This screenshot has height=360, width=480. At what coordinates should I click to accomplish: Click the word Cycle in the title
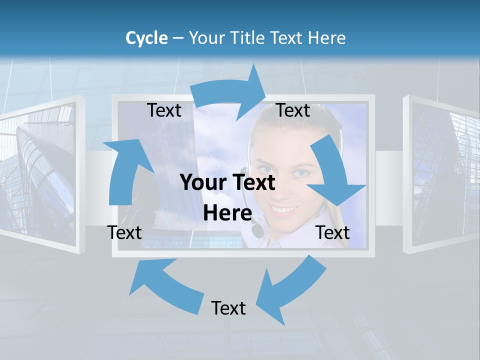pos(146,38)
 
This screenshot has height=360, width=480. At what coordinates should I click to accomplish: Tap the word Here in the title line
pos(327,38)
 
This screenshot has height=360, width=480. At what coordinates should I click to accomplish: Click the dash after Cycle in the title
pos(178,38)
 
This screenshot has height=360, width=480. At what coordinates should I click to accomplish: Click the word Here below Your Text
pos(227,213)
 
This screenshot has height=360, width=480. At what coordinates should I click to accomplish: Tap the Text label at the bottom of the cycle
pos(228,308)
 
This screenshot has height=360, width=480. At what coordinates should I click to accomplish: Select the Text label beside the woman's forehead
pos(293,110)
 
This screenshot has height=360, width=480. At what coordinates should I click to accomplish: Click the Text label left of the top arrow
pos(164,110)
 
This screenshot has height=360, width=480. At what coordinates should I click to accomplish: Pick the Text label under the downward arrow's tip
pos(332,232)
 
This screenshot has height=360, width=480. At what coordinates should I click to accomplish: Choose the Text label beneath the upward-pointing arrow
pos(124,232)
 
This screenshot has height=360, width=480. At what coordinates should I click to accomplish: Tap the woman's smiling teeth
pos(284,208)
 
